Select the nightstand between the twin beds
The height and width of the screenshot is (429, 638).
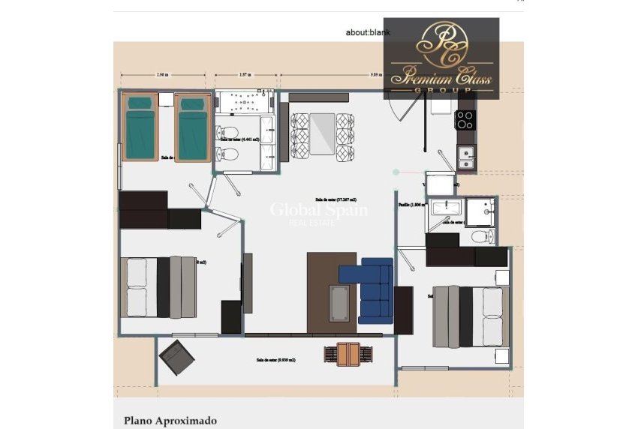point(166,100)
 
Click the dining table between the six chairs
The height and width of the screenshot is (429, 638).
point(321,133)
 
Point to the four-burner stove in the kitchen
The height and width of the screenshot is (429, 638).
point(466,119)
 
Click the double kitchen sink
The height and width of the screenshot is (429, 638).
point(466,157)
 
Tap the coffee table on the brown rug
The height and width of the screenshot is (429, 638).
point(339,302)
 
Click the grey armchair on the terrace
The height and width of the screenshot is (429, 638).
point(176,357)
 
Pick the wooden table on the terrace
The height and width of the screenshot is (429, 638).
point(348,354)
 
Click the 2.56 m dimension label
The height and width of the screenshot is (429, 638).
point(162,75)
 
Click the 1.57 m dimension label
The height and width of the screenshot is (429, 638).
point(244,75)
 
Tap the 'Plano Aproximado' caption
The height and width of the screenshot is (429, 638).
point(170,421)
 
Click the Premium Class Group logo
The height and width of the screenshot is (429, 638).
point(441,58)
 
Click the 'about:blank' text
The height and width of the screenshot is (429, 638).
point(368,32)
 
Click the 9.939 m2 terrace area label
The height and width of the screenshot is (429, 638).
point(275,360)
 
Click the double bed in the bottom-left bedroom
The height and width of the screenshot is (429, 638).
point(159,287)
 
